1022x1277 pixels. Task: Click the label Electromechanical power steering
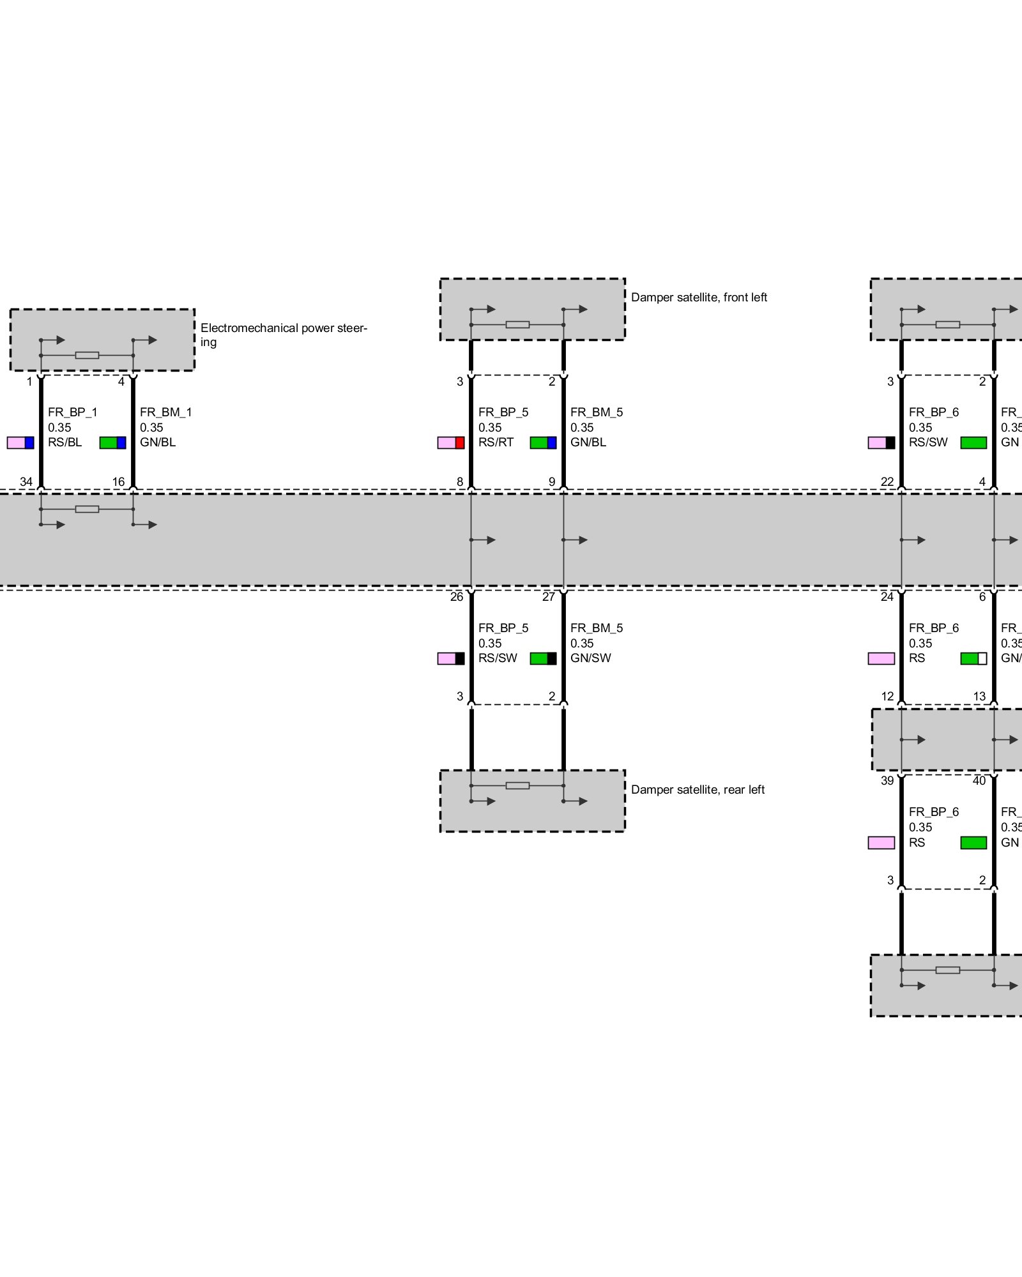pos(283,335)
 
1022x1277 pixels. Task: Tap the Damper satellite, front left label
pos(699,298)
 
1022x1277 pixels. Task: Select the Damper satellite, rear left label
pos(698,790)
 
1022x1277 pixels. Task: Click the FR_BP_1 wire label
pos(73,412)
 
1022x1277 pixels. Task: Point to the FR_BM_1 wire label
pos(166,412)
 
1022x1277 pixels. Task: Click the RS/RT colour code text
pos(496,442)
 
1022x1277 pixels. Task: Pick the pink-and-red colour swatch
pos(451,442)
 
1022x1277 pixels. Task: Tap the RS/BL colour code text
pos(65,442)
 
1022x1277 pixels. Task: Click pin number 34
pos(26,482)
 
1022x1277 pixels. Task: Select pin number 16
pos(119,482)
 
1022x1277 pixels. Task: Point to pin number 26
pos(457,597)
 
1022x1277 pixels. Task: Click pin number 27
pos(549,597)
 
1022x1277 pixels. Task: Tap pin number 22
pos(887,482)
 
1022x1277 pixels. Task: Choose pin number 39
pos(887,781)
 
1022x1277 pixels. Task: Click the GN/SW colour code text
pos(591,658)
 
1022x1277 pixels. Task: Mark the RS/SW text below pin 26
pos(498,658)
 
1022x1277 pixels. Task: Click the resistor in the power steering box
pos(87,355)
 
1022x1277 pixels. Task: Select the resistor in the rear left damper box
pos(517,785)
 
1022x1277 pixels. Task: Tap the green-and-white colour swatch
pos(973,658)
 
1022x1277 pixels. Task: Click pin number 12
pos(887,697)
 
